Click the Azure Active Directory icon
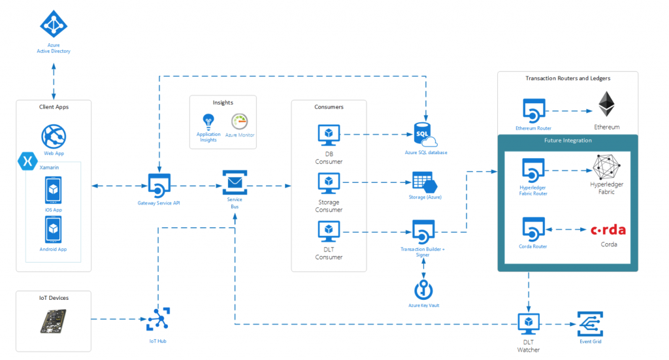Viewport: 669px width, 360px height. click(54, 24)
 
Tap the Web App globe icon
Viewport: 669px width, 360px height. click(54, 137)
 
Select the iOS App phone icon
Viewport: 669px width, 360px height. click(54, 189)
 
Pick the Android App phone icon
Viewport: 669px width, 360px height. click(54, 229)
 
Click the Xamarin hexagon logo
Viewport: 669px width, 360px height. click(27, 161)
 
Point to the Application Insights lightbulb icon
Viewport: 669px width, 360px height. click(208, 121)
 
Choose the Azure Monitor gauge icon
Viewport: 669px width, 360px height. click(240, 121)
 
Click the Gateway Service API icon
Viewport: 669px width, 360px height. click(159, 186)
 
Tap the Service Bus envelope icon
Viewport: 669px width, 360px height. click(235, 181)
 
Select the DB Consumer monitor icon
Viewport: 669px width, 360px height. click(329, 135)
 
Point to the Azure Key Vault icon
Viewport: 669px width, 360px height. click(423, 289)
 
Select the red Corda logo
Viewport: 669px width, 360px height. click(608, 230)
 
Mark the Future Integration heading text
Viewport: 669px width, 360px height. click(568, 140)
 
